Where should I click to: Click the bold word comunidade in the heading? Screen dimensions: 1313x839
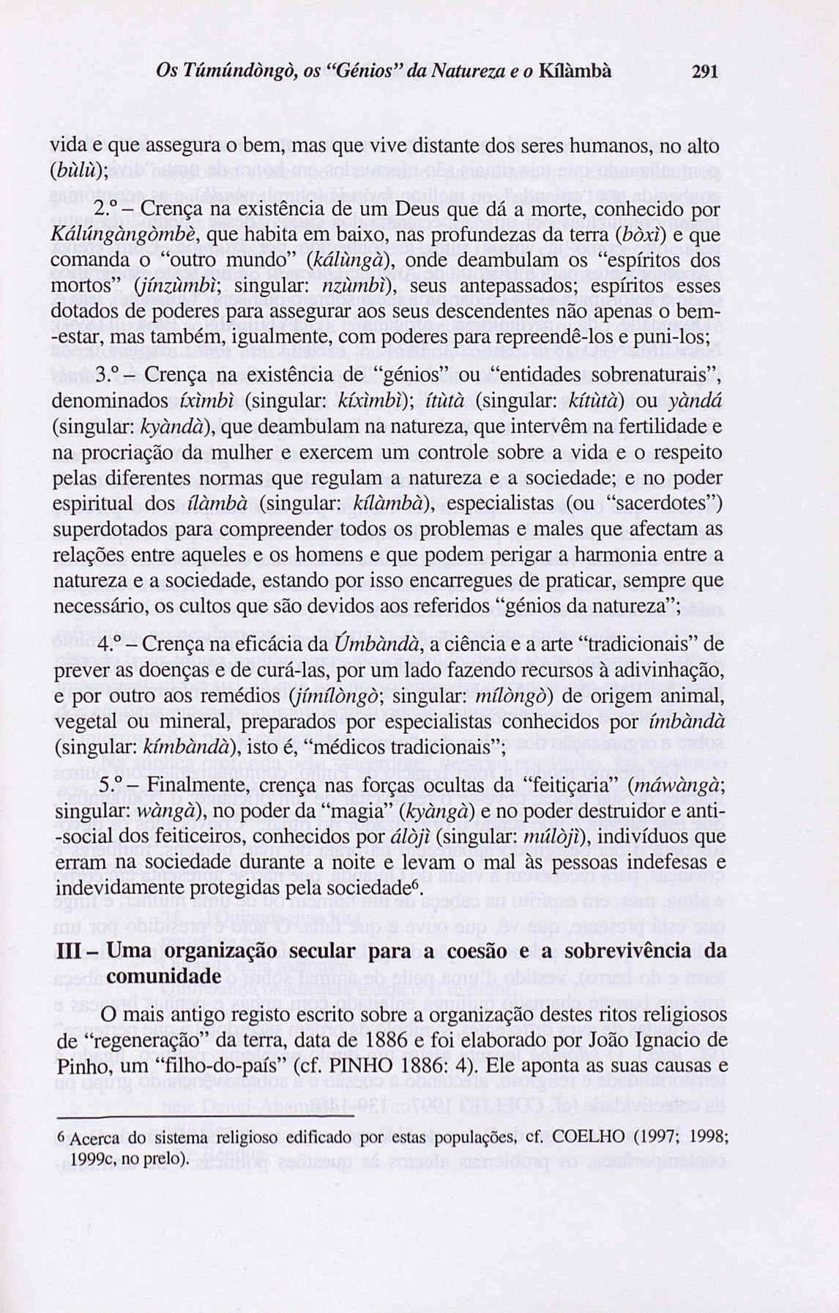point(163,977)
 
